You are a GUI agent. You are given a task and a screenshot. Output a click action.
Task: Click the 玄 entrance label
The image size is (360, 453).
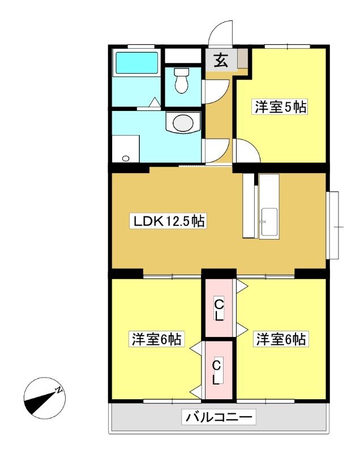pyautogui.click(x=221, y=61)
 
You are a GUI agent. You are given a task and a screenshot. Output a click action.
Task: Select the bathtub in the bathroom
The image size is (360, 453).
pyautogui.click(x=136, y=62)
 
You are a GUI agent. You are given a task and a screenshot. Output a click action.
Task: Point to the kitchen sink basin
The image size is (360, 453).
pyautogui.click(x=269, y=223)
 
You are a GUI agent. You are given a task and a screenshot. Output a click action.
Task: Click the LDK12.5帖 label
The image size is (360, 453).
pyautogui.click(x=168, y=221)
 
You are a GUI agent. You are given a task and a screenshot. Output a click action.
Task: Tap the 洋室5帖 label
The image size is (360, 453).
pyautogui.click(x=280, y=107)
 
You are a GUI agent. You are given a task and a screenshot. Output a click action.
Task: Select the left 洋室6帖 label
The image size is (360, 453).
pyautogui.click(x=157, y=339)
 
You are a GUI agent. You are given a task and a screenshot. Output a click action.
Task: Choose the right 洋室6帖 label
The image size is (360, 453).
pyautogui.click(x=281, y=339)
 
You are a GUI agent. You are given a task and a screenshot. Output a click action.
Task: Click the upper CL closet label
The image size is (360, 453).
pyautogui.click(x=219, y=310)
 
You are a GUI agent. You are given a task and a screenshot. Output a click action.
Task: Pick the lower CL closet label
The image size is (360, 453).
pyautogui.click(x=216, y=373)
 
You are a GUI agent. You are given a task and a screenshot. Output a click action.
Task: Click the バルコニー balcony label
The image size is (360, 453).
pyautogui.click(x=218, y=417)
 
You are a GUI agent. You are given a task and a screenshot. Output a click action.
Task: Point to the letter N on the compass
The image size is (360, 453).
pyautogui.click(x=59, y=390)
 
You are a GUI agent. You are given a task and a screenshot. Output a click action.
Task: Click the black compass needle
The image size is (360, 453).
pyautogui.click(x=40, y=401)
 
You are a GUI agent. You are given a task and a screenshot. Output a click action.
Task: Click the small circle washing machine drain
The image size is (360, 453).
pyautogui.click(x=126, y=159)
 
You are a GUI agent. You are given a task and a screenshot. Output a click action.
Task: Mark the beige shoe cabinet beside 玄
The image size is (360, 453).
pyautogui.click(x=242, y=59)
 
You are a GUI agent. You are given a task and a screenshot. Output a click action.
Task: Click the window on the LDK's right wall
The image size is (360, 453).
pyautogui.click(x=333, y=225)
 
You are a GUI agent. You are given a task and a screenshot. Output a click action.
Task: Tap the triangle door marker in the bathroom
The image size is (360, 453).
pyautogui.click(x=155, y=102)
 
